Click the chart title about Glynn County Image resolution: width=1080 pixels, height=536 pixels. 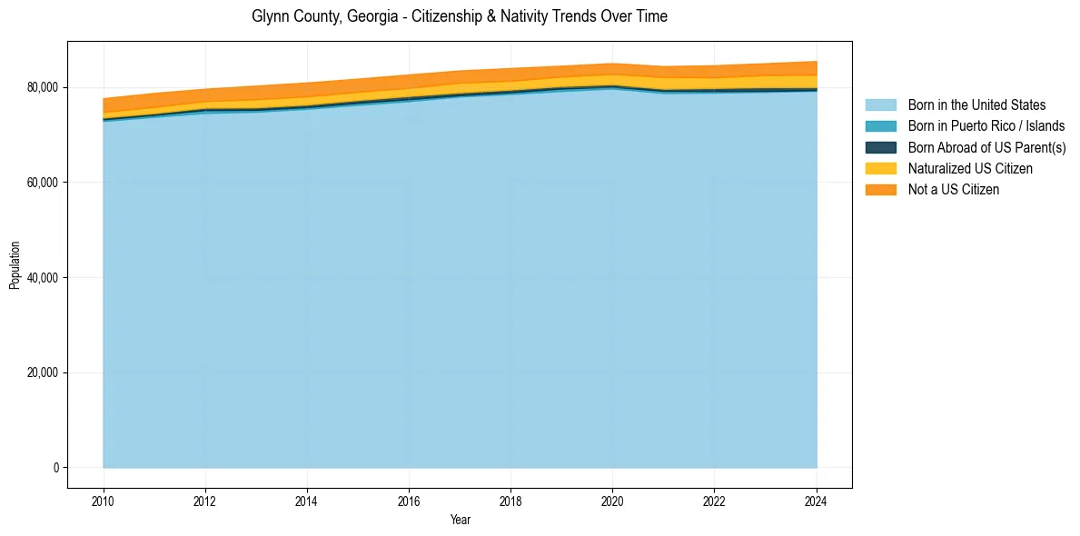pos(460,16)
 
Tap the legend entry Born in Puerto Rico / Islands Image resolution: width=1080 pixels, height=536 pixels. pos(986,126)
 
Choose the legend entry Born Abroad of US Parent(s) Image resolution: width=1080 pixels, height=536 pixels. pos(986,147)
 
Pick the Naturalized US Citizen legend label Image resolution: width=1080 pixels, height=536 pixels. pos(970,168)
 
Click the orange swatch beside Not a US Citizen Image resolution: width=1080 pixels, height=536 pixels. pos(880,189)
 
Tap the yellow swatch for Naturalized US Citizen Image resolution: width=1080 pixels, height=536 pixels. pos(880,168)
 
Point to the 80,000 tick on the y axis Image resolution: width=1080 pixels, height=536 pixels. pos(43,87)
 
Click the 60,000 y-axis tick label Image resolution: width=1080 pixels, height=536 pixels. pos(43,183)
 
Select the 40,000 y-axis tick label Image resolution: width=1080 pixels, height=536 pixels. pos(43,277)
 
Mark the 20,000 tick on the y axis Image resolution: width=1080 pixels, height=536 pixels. pos(43,372)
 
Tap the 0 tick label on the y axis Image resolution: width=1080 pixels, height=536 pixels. pos(56,468)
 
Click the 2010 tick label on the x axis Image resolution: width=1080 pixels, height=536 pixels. pos(104,500)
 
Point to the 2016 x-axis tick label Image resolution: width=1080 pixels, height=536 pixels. pos(409,500)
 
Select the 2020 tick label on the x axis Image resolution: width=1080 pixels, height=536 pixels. pos(613,500)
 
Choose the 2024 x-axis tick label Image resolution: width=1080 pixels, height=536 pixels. pos(817,500)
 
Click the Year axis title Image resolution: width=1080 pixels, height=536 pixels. pos(460,520)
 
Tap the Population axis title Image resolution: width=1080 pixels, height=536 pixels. pos(15,264)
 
